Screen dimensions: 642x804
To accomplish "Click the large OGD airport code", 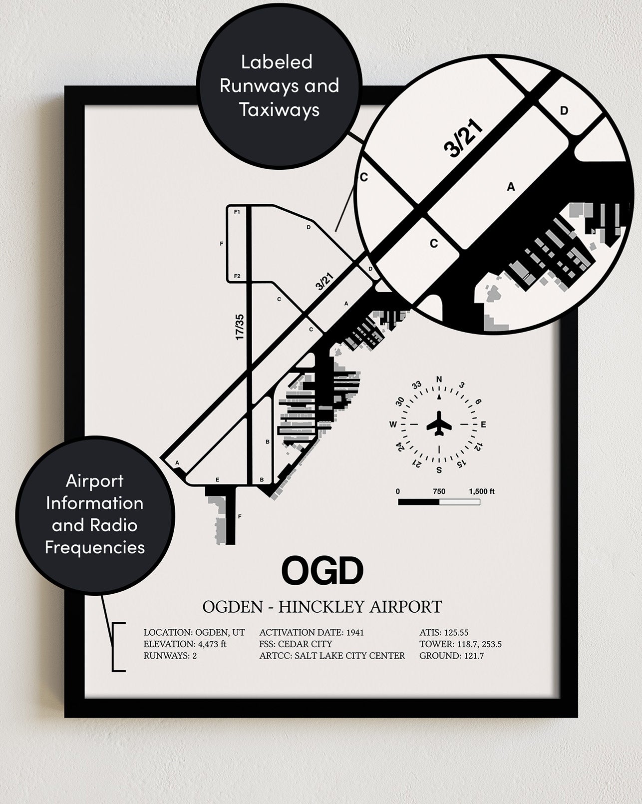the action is point(322,570).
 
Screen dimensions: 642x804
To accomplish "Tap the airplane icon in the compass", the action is point(439,423).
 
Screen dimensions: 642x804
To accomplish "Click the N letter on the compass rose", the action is point(439,380).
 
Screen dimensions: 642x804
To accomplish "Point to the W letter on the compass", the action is point(393,424).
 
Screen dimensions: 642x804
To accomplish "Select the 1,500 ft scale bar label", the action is point(482,491).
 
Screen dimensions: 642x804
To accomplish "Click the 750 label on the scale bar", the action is point(439,491).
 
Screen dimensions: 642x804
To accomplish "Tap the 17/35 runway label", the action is point(240,327).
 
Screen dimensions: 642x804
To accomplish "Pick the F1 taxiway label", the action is point(237,212).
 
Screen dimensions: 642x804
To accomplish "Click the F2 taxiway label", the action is point(237,276).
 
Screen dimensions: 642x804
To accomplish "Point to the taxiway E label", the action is point(217,480).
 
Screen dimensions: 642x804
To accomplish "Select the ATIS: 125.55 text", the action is point(444,633).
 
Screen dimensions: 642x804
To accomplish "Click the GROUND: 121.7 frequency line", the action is point(451,655).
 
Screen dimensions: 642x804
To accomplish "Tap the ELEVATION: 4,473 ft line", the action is point(185,644).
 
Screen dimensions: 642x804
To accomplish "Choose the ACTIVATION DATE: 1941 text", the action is point(312,633).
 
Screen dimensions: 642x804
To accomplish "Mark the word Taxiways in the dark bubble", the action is point(280,109).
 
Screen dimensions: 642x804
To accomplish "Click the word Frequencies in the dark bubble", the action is point(95,548).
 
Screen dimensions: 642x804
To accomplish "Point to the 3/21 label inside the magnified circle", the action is point(463,139).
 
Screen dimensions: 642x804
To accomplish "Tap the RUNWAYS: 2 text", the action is point(170,655).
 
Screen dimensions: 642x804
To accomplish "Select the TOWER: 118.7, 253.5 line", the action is point(460,644).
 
